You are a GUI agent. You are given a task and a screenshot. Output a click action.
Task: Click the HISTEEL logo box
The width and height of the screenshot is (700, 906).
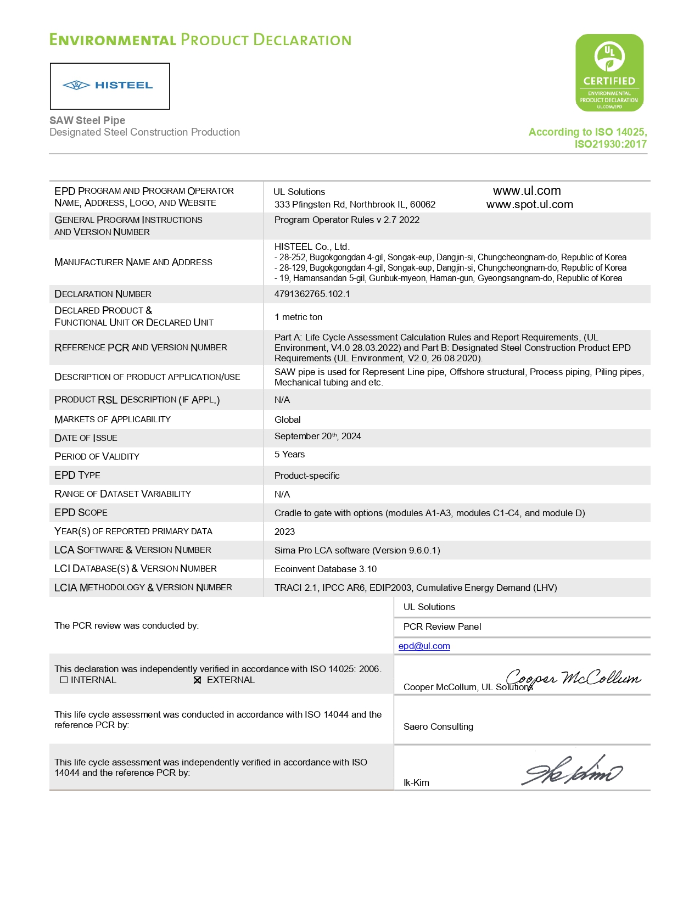coord(110,86)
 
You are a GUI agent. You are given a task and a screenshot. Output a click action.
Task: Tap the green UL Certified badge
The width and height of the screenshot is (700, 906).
coord(609,72)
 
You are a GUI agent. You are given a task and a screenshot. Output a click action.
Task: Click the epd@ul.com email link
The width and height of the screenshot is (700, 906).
coord(424,646)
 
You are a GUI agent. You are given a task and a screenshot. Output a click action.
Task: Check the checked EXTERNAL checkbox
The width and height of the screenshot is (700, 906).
coord(198,680)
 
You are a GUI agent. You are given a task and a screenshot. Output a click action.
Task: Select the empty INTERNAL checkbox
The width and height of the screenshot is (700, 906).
coord(64,680)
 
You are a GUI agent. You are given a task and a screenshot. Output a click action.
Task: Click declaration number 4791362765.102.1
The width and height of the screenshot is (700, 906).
coord(312,294)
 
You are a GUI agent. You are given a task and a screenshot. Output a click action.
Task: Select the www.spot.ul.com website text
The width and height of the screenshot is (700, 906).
coord(529,205)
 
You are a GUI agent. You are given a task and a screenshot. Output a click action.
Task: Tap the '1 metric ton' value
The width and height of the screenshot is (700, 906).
coord(298,317)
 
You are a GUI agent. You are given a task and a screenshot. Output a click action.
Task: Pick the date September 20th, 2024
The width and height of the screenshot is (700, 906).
coord(317,437)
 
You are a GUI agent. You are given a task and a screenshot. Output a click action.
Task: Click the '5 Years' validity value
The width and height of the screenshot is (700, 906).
coord(289,455)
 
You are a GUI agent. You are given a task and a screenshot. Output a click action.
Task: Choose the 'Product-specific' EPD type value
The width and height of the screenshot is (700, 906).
coord(307,476)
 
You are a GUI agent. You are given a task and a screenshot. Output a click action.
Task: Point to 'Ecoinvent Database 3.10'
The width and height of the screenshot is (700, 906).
coord(326,569)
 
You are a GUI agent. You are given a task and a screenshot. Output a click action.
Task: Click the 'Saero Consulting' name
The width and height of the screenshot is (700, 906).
coord(438,727)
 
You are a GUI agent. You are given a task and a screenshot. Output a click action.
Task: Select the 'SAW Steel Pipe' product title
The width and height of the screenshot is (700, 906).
coord(87,120)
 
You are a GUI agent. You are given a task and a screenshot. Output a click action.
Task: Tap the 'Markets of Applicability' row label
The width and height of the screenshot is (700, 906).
coord(113,420)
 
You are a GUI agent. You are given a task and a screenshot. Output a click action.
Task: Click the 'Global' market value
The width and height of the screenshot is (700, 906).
coord(288,420)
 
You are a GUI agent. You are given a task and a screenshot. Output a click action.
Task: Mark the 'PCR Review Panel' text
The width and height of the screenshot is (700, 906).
coord(442,627)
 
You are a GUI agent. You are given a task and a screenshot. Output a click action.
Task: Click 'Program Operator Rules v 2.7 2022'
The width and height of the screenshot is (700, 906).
coord(347,220)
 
